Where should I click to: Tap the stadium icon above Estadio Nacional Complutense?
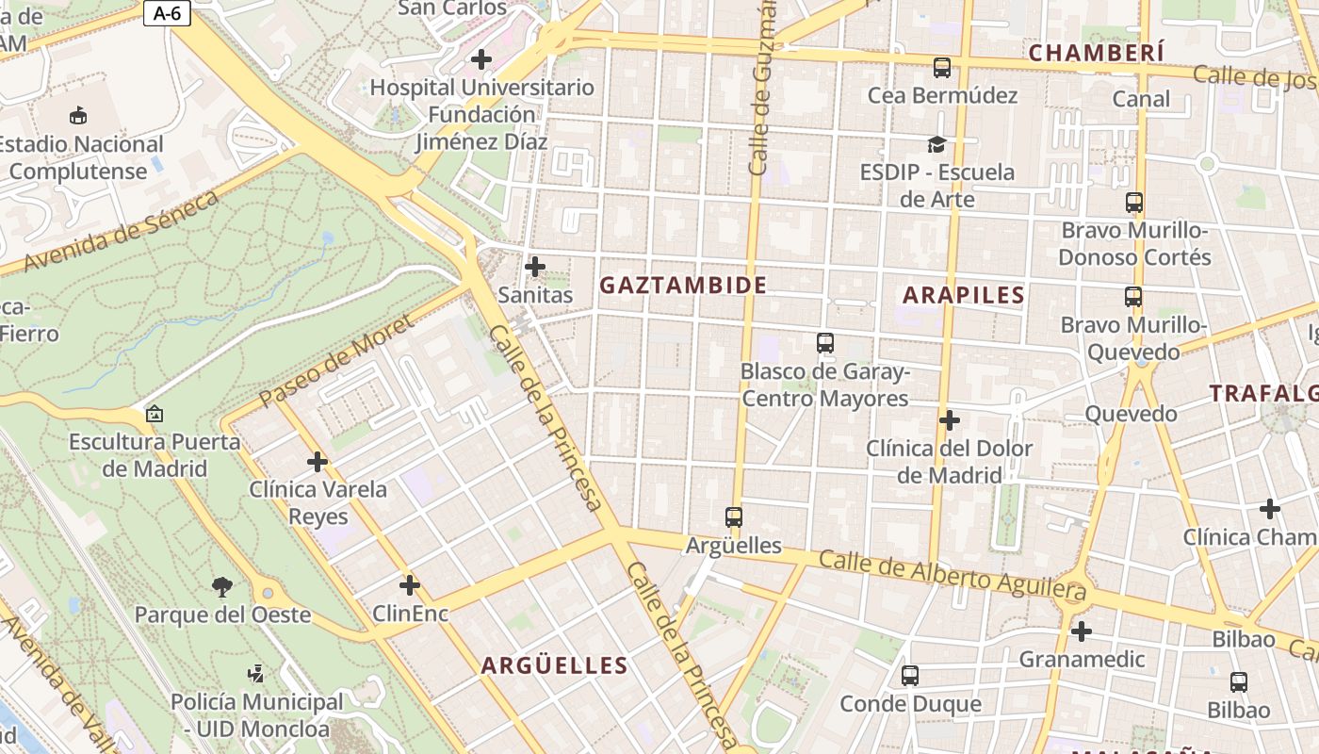78,115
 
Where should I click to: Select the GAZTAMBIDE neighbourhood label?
683,285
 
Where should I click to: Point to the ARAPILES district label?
963,295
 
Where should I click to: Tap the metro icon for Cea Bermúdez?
941,68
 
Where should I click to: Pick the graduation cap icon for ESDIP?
936,144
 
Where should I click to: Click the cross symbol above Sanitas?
534,267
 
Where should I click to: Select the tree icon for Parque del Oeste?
222,587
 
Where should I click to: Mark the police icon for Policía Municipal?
255,674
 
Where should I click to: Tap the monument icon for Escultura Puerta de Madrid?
155,414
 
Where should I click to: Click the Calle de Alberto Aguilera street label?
952,575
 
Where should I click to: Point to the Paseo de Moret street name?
336,361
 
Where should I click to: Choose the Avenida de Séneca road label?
122,232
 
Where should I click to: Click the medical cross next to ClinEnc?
409,585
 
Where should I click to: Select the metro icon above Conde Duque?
909,676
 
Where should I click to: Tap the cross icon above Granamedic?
1081,631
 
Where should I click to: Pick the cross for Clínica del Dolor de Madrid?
949,420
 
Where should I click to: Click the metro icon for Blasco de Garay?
824,343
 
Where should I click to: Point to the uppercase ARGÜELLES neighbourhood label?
554,665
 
